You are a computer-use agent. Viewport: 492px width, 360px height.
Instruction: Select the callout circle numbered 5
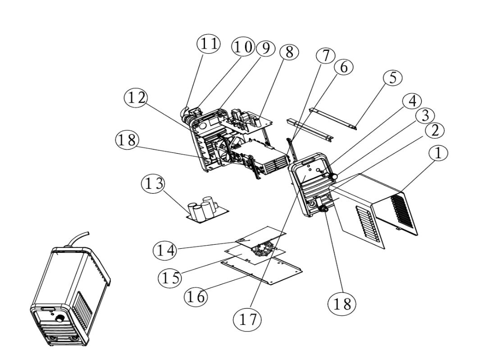point(392,78)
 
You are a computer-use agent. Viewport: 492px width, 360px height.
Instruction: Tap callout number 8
point(289,52)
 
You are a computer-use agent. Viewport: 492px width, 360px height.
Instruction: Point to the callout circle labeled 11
point(209,44)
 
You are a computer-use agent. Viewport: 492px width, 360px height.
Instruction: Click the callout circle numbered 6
point(344,67)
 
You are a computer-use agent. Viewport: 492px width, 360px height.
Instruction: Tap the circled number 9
point(265,48)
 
